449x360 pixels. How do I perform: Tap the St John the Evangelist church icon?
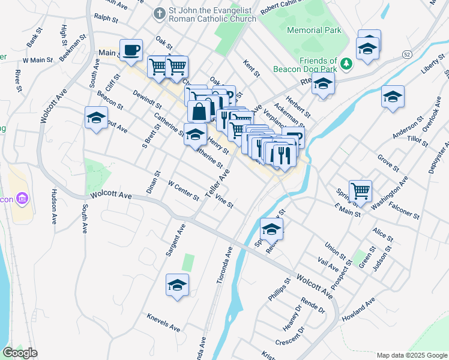tap(159, 13)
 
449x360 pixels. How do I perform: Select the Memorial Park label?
tap(314, 30)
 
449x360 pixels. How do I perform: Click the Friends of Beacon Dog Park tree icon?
tap(346, 63)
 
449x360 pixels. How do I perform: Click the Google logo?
tap(20, 353)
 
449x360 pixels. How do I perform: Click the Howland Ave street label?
tap(358, 308)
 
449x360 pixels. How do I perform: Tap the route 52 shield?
tap(407, 55)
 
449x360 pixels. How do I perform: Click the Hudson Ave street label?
tap(54, 206)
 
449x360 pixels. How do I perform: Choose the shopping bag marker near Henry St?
tap(199, 112)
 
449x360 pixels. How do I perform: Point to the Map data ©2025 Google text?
tap(411, 355)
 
